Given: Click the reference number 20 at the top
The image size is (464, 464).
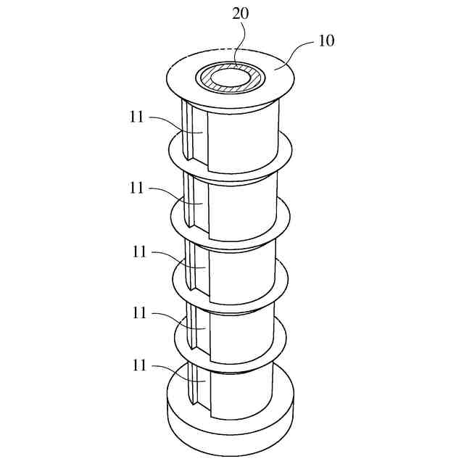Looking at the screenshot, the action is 240,14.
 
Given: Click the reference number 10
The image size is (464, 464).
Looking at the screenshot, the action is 326,41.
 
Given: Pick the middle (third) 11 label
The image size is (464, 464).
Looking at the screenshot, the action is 140,252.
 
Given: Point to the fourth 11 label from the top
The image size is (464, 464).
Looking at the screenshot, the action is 140,313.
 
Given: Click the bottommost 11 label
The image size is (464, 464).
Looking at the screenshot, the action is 140,366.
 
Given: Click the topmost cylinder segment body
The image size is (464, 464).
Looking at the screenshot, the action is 243,134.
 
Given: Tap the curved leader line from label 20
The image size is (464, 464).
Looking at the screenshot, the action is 244,43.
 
